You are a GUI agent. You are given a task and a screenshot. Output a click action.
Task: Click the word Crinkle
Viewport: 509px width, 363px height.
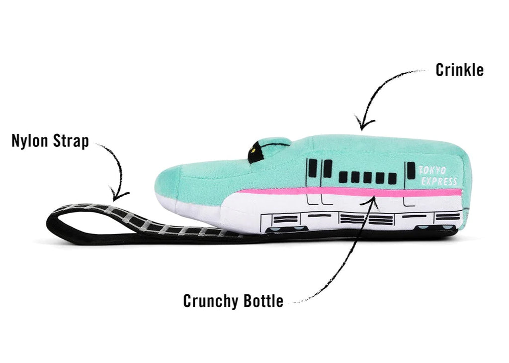pyautogui.click(x=459, y=70)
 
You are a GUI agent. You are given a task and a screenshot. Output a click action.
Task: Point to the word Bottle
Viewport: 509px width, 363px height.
pyautogui.click(x=265, y=301)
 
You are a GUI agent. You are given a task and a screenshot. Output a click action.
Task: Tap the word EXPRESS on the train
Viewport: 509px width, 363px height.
pyautogui.click(x=439, y=181)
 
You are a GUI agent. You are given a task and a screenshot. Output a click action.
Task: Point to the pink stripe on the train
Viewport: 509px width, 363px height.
pyautogui.click(x=348, y=192)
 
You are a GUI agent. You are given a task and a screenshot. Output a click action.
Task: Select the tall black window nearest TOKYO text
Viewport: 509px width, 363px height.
pyautogui.click(x=411, y=170)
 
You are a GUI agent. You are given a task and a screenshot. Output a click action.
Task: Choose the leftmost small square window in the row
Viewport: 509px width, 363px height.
pyautogui.click(x=343, y=177)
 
